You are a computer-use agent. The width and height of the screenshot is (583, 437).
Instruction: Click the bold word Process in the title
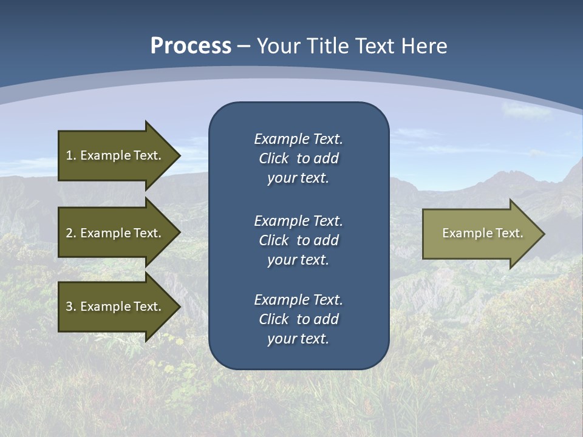(x=191, y=46)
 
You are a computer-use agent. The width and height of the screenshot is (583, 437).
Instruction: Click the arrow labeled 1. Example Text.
(x=113, y=155)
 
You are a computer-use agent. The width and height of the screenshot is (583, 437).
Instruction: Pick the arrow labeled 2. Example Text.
(x=113, y=233)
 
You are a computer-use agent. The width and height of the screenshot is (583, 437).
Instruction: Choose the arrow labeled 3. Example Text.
(x=113, y=307)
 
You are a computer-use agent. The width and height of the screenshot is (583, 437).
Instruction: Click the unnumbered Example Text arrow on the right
(x=482, y=233)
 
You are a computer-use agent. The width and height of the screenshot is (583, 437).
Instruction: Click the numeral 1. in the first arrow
(x=70, y=155)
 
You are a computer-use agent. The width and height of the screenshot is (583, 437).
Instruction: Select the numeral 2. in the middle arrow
(x=70, y=233)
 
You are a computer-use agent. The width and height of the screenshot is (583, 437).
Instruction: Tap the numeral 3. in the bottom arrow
(x=70, y=307)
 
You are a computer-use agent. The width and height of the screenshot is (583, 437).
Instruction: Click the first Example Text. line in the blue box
(x=298, y=139)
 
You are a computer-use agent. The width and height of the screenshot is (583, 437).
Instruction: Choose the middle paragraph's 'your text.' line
(x=298, y=260)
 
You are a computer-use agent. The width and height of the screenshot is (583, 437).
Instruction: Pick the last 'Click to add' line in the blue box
(x=298, y=319)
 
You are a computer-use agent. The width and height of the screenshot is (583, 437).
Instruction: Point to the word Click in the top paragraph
(x=274, y=158)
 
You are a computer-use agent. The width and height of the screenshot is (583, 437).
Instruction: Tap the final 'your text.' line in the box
(x=298, y=339)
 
